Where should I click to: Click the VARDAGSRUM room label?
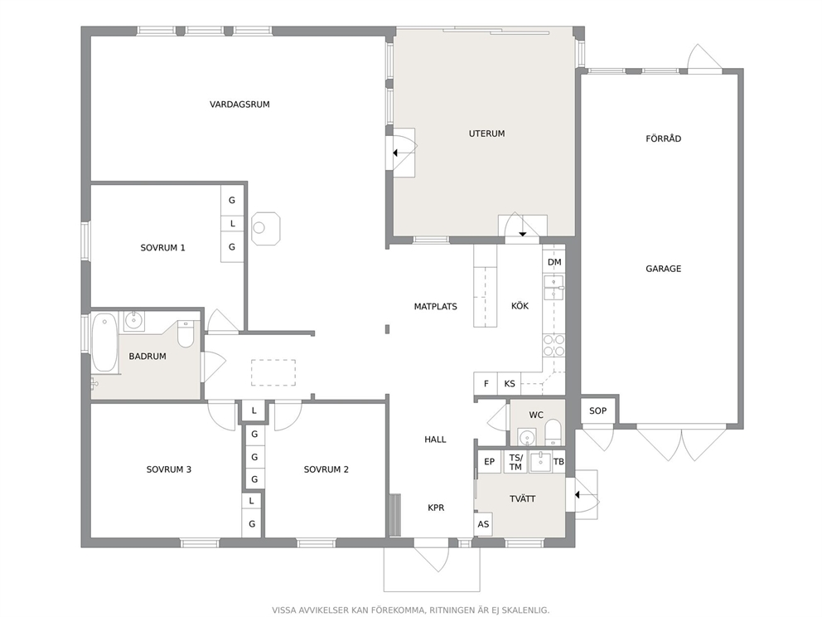click(x=239, y=104)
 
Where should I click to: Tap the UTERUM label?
click(x=486, y=134)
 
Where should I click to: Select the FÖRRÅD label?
click(x=663, y=138)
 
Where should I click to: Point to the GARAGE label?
click(x=663, y=269)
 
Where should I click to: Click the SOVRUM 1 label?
click(x=162, y=248)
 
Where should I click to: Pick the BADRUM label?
click(x=147, y=357)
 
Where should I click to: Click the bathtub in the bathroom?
click(x=104, y=342)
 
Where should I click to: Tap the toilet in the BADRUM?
click(x=186, y=335)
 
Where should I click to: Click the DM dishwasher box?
click(x=554, y=262)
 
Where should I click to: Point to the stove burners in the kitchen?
click(x=554, y=346)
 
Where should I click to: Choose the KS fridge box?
click(x=509, y=383)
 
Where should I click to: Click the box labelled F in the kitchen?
click(x=486, y=383)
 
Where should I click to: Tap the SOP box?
click(x=597, y=411)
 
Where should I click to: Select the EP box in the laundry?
click(x=489, y=462)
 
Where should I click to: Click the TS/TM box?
click(x=515, y=462)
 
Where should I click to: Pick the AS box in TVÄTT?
click(x=483, y=524)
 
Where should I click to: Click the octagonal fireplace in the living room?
click(x=266, y=228)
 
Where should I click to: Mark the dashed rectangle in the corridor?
click(x=273, y=372)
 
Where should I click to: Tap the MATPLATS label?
click(x=435, y=306)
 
